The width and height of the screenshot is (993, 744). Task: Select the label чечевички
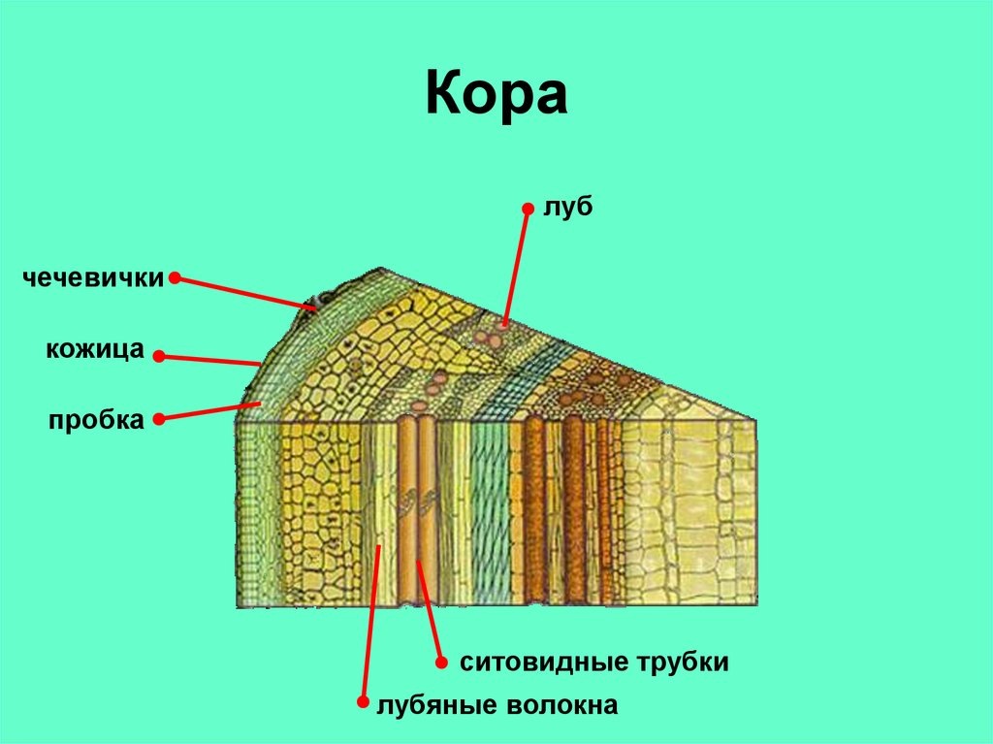tap(94, 277)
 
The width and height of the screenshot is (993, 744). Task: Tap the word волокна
tap(561, 704)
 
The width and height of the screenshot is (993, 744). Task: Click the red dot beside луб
tap(529, 208)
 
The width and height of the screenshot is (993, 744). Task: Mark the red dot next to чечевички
tap(175, 278)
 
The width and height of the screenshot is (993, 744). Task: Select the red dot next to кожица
tap(159, 356)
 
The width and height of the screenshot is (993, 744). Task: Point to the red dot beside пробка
tap(158, 420)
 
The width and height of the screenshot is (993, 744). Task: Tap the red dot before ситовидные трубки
tap(440, 664)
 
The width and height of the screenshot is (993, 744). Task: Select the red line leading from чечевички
tap(244, 293)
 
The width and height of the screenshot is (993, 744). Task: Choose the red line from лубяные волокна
tap(369, 621)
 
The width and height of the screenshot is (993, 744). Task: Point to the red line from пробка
tap(209, 411)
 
